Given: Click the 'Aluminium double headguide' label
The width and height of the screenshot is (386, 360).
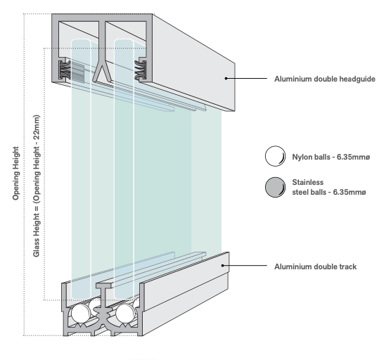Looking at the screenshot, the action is [x=325, y=79].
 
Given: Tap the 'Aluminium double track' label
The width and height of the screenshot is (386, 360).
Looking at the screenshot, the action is [x=316, y=266].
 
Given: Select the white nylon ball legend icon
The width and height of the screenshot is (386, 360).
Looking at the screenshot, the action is [x=275, y=156].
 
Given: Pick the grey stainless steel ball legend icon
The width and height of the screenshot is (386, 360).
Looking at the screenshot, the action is [x=275, y=187].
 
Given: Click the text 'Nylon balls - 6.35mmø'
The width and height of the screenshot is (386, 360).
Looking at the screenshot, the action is [x=331, y=157].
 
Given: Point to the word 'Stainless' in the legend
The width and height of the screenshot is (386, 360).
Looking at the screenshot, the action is [x=308, y=182].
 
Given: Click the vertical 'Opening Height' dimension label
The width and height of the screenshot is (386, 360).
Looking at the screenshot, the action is [x=15, y=174].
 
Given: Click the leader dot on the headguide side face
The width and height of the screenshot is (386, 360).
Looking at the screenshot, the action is [x=226, y=78].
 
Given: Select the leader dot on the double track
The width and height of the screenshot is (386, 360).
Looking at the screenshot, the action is [x=223, y=266].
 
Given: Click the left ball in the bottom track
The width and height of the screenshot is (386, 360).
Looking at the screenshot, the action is [x=80, y=314].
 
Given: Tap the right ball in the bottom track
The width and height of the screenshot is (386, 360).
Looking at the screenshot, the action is [x=125, y=314].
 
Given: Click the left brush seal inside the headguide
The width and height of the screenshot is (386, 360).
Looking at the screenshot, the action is [x=65, y=70].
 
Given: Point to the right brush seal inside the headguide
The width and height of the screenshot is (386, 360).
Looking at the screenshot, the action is [x=141, y=70].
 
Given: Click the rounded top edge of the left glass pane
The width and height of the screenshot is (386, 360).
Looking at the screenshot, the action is [x=81, y=40].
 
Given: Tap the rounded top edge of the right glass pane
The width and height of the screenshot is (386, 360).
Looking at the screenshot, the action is [x=124, y=40].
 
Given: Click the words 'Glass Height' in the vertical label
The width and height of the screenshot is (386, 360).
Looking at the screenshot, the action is [x=37, y=235].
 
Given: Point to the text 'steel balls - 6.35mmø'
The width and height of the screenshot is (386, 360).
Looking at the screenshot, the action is [x=329, y=192].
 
